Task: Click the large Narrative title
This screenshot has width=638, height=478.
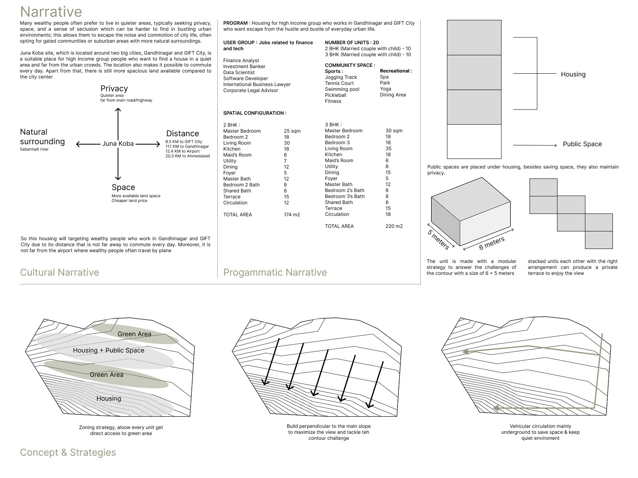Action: coord(51,12)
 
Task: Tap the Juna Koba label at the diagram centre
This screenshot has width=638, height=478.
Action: coord(118,143)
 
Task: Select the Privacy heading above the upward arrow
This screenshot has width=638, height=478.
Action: coord(114,88)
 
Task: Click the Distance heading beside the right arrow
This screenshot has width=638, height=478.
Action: coord(183,133)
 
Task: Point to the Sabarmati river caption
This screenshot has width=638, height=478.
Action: coord(34,149)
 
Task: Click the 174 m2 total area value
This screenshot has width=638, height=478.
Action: coord(291,214)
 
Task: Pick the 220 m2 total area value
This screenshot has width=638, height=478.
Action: coord(394,226)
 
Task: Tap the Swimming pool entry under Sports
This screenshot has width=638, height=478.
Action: coord(342,89)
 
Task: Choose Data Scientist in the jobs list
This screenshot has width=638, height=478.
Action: coord(238,72)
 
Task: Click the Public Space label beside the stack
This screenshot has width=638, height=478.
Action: coord(582,144)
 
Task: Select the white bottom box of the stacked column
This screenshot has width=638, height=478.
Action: coord(474,141)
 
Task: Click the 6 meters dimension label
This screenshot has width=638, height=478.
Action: coord(492,243)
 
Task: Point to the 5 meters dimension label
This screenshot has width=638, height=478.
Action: coord(438,239)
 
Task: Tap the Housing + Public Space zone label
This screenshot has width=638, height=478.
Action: coord(108,350)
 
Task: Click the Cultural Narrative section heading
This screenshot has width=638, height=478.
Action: coord(59,272)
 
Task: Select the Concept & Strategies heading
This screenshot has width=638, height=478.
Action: coord(68,452)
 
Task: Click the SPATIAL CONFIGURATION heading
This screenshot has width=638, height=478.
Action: coord(255,113)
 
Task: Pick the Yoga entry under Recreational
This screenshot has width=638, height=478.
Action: coord(386,89)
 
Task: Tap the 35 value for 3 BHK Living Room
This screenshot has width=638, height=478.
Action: coord(388,149)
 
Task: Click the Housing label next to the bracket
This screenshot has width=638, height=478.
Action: coord(573,74)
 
